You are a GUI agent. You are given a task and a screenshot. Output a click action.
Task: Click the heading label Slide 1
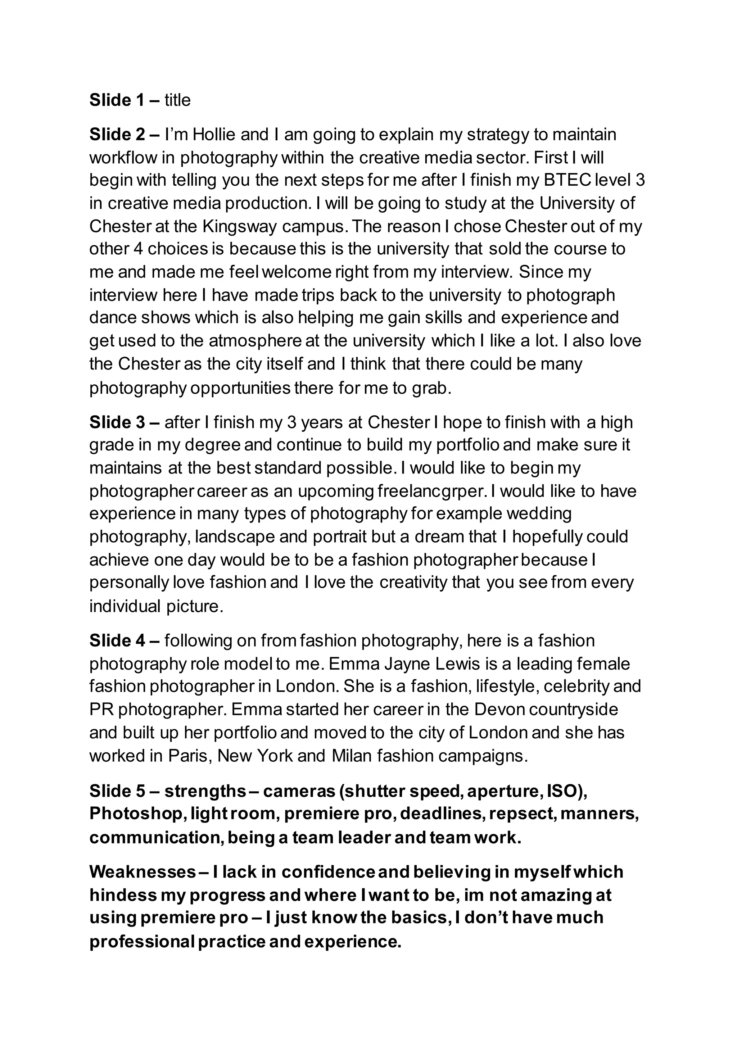pos(117,100)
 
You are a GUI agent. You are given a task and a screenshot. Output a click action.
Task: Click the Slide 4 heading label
pos(117,641)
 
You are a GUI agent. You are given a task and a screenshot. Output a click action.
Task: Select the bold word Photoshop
pos(136,814)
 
